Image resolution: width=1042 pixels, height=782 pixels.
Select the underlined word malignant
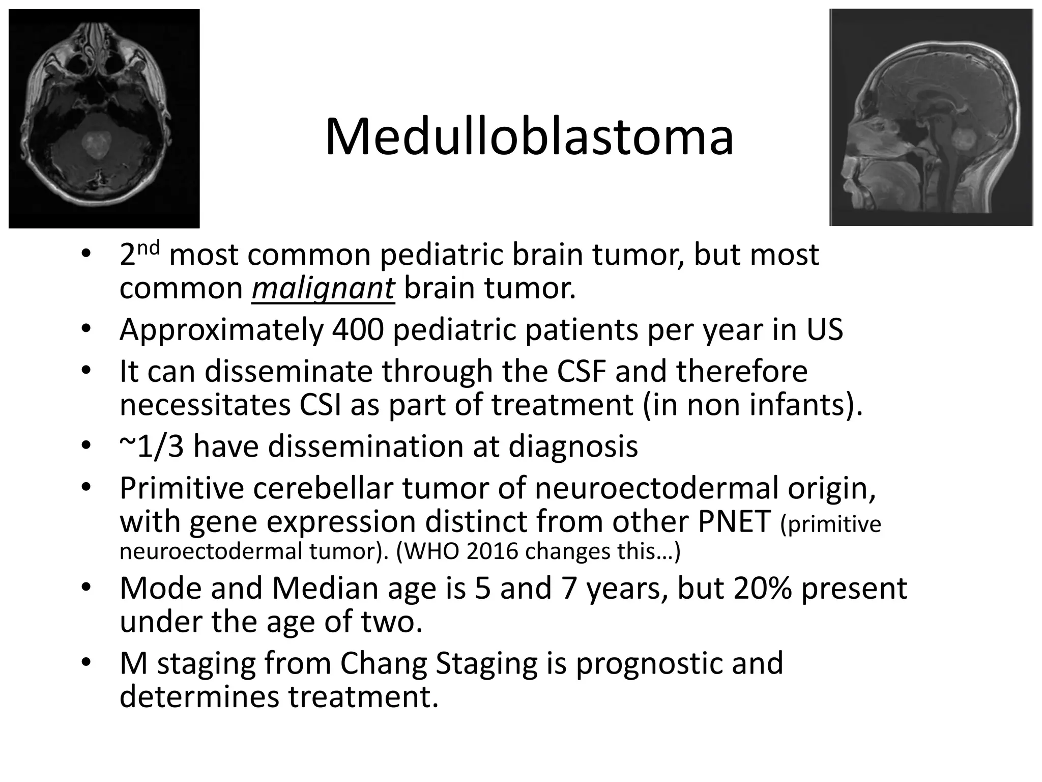[x=323, y=288]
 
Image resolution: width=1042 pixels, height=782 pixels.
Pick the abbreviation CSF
[x=581, y=371]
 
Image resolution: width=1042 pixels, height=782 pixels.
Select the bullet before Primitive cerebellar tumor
[x=85, y=488]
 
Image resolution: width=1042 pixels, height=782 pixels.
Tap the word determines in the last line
[x=199, y=696]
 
